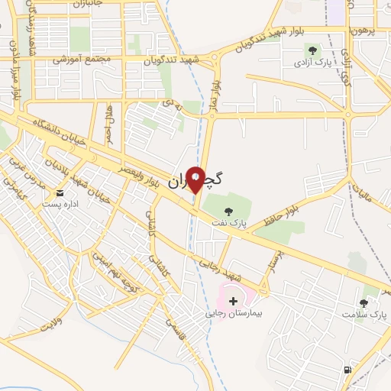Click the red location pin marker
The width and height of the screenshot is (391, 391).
click(196, 180)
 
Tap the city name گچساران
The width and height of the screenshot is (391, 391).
click(195, 181)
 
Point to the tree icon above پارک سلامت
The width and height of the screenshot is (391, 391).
click(364, 302)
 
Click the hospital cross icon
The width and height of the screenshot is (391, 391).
click(233, 302)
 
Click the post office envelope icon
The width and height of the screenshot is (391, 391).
click(60, 194)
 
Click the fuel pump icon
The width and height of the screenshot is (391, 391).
click(348, 370)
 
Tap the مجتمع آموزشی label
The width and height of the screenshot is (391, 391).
click(83, 59)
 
